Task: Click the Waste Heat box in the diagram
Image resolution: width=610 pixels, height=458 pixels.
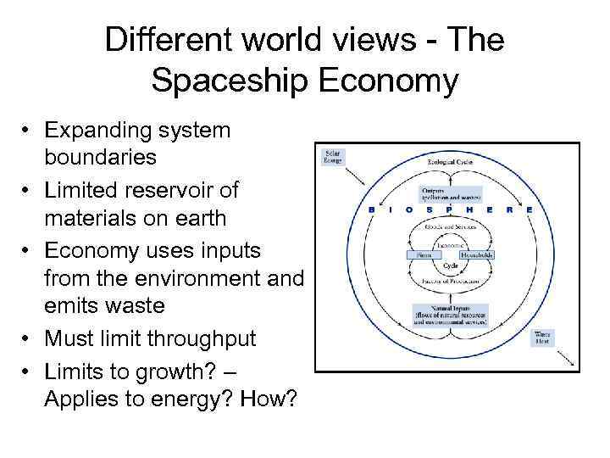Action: point(542,337)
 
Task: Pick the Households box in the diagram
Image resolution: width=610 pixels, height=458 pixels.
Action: point(476,254)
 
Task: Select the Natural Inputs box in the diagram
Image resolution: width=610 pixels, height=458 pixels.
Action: point(448,315)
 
